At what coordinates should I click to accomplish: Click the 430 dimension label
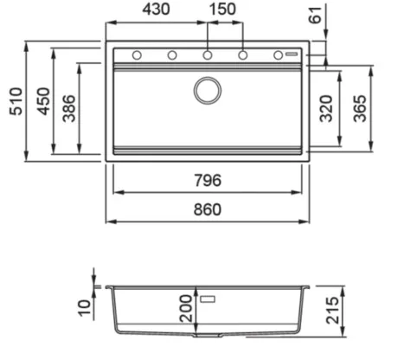coord(156,10)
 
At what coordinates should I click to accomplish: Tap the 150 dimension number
coord(222,10)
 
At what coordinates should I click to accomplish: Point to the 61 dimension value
coord(315,15)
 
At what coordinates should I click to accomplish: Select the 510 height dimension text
coord(16,101)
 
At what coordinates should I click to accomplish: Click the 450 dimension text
coord(44,101)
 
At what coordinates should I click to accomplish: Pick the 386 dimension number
coord(69,108)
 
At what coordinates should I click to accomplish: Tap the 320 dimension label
coord(326,108)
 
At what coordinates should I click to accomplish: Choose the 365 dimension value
coord(360,108)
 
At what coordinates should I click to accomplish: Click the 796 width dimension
coord(208,180)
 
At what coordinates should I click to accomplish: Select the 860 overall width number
coord(208,209)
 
